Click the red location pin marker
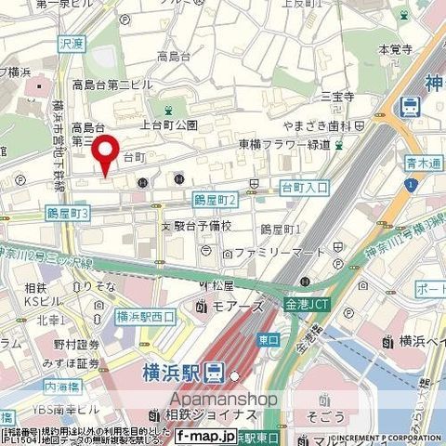(108, 153)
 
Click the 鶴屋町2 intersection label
(216, 200)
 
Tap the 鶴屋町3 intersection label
(68, 214)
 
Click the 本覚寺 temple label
(395, 48)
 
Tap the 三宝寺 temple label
(338, 96)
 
